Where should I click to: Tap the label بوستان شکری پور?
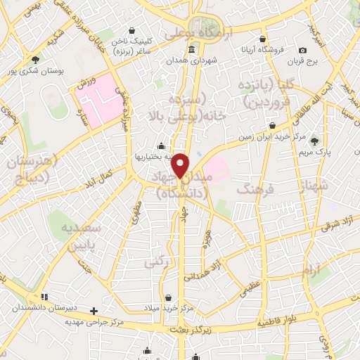coord(35,71)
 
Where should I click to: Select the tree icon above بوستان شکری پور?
coord(35,59)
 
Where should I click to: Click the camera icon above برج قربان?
coord(302,50)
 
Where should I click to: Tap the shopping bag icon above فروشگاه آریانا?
coord(262,39)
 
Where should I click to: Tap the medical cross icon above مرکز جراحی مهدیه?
coord(93,310)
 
